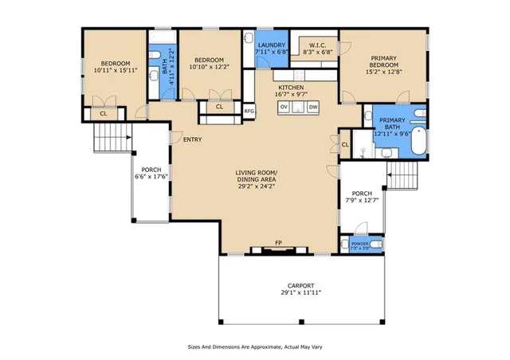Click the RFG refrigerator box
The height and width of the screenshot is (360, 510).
click(x=249, y=112)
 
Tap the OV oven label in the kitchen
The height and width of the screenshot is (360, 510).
click(x=284, y=107)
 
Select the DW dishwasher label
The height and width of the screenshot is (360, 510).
click(x=313, y=107)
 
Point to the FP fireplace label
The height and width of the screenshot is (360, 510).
click(x=278, y=242)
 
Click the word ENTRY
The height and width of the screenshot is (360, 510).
click(x=192, y=140)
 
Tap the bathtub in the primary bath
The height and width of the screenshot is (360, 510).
click(x=419, y=143)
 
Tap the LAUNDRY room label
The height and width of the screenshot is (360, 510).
click(x=270, y=45)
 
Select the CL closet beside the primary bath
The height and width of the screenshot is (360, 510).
click(x=345, y=144)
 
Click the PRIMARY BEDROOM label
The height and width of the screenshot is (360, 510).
click(x=384, y=61)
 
